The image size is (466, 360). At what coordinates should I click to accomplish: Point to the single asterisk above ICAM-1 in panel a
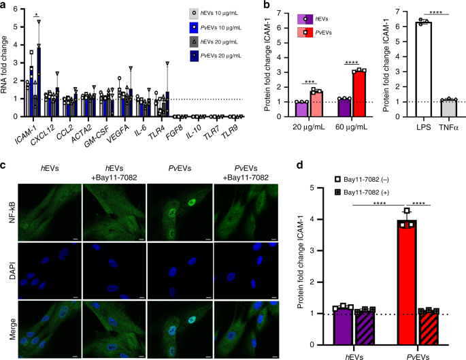(x=37, y=14)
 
